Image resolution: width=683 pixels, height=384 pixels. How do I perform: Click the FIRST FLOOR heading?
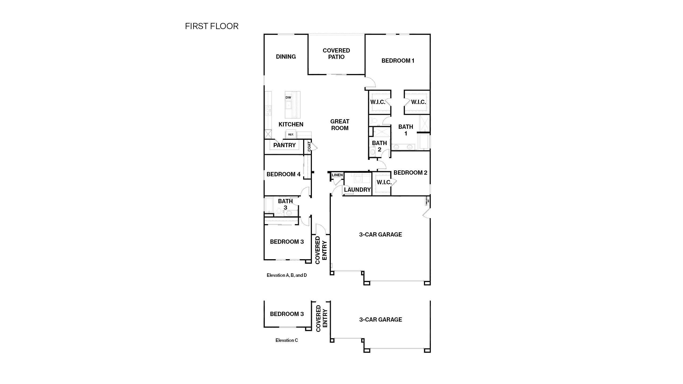[x=212, y=26]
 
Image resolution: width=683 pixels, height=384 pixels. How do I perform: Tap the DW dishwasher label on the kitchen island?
[x=288, y=98]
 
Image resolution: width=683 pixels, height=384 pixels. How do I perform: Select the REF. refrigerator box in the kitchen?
[x=291, y=134]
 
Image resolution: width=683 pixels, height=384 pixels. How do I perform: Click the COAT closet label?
[x=309, y=146]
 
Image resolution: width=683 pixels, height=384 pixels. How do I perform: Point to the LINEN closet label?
[x=337, y=175]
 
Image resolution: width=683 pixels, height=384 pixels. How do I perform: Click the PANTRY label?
[x=284, y=145]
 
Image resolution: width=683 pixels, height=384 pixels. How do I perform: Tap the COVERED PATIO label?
[x=336, y=54]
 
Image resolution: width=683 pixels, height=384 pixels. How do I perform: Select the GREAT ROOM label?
[x=340, y=125]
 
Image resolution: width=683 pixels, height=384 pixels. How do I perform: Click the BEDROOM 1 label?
[x=398, y=61]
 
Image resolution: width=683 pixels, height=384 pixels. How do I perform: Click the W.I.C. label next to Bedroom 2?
[x=384, y=182]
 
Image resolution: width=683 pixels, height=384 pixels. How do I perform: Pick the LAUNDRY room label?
[x=357, y=190]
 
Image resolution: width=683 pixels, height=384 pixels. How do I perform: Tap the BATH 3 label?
[x=285, y=204]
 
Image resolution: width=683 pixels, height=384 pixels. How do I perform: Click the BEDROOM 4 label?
[x=283, y=174]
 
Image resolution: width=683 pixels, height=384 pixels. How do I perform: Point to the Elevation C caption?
[x=287, y=340]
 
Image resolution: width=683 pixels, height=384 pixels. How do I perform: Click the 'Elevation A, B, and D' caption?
[x=287, y=275]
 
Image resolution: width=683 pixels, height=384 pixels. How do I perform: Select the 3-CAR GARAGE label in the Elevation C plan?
[x=380, y=320]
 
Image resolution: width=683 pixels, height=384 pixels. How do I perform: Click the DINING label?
[x=286, y=57]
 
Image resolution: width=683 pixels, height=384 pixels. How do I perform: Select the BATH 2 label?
[x=379, y=146]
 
